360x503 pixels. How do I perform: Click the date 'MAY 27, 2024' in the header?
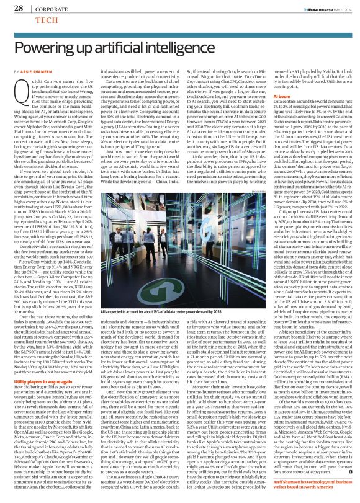pyautogui.click(x=332, y=7)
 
